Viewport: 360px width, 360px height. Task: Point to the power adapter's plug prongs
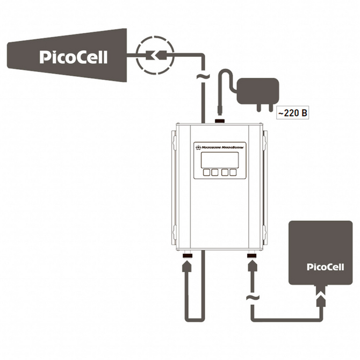click(x=262, y=109)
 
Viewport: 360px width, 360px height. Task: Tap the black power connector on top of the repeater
click(x=219, y=120)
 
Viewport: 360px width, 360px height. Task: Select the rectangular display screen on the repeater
click(x=219, y=160)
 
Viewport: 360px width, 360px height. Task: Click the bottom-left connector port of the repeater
click(x=188, y=257)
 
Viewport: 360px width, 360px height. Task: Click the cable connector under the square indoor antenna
click(x=322, y=295)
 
